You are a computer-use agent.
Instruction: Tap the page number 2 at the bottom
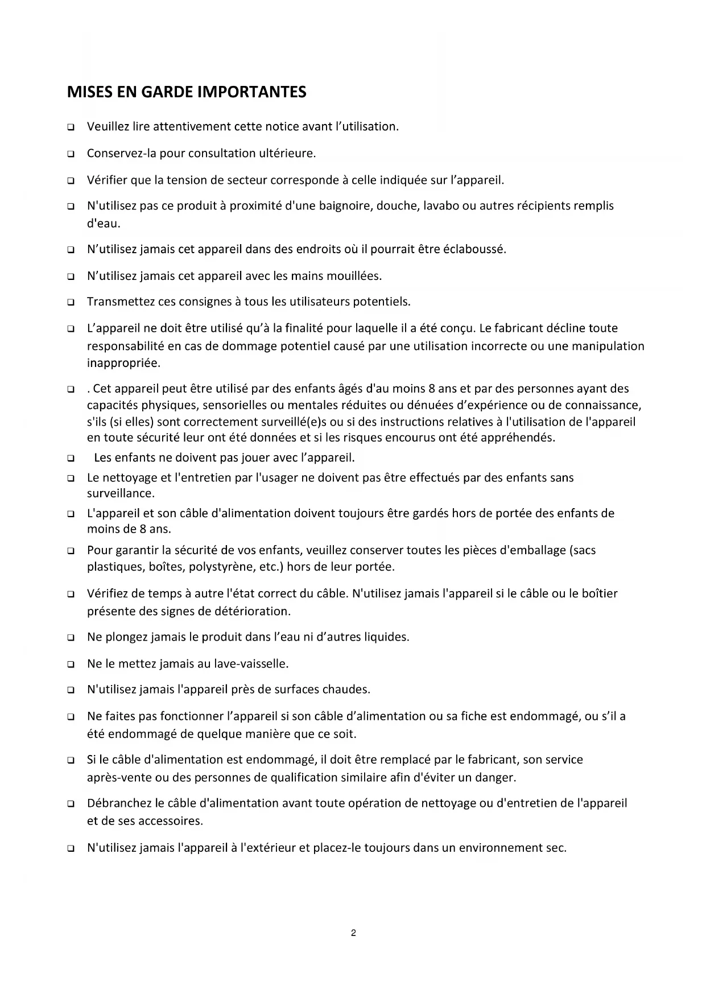pos(353,933)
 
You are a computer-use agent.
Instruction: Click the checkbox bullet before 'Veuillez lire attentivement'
pos(71,127)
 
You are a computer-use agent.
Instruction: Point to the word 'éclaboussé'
pos(476,249)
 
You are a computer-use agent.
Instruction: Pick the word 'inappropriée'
pos(123,362)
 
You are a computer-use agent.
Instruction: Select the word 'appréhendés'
pos(519,438)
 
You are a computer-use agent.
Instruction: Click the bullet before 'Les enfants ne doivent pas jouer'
pos(71,458)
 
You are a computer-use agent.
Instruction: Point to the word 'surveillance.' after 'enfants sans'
pos(121,493)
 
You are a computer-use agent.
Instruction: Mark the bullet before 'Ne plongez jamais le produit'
pos(71,638)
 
